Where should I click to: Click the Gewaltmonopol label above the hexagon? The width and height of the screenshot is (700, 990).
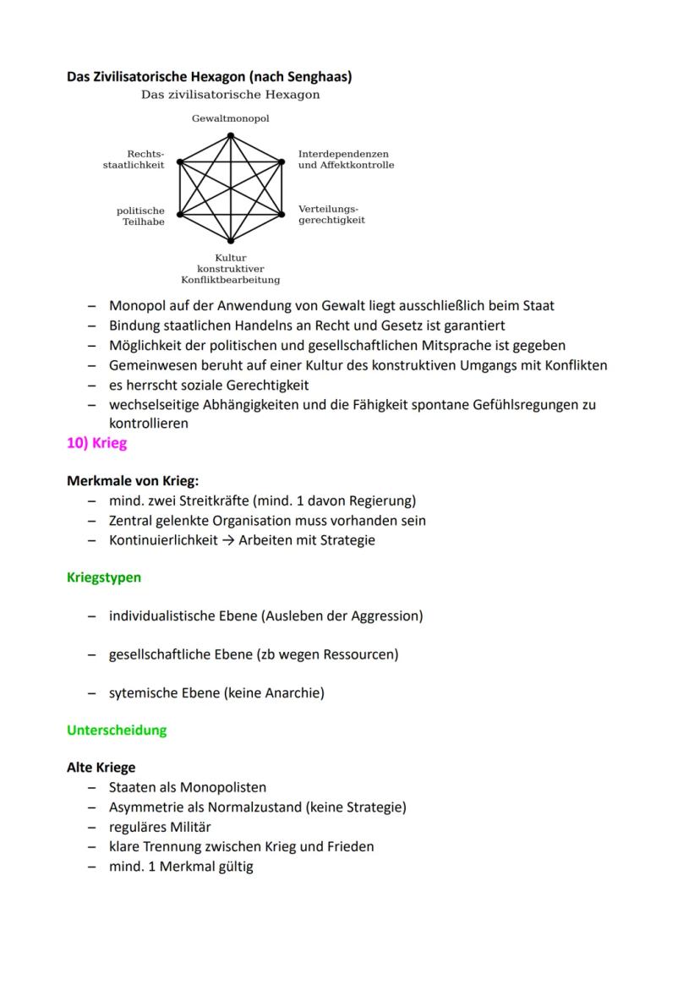tap(230, 118)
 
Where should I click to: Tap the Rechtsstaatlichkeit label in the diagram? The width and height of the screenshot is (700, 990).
tap(134, 160)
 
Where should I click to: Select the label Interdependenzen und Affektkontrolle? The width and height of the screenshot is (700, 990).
tap(346, 160)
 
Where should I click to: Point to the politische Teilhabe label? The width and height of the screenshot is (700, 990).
tap(140, 216)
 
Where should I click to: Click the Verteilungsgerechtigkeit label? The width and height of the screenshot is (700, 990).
tap(331, 214)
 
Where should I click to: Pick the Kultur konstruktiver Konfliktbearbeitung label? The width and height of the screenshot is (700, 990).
tap(230, 268)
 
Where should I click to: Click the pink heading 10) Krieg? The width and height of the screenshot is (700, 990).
tap(96, 444)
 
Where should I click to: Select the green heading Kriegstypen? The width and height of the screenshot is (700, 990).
tap(103, 577)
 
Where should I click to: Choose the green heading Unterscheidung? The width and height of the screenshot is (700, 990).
tap(117, 730)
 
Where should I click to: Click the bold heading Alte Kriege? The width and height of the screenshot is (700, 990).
tap(101, 768)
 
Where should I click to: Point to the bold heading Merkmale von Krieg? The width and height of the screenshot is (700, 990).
tap(133, 482)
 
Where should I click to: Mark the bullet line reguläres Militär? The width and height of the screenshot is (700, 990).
tap(160, 827)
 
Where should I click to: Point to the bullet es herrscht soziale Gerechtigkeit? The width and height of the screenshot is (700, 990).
tap(208, 385)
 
